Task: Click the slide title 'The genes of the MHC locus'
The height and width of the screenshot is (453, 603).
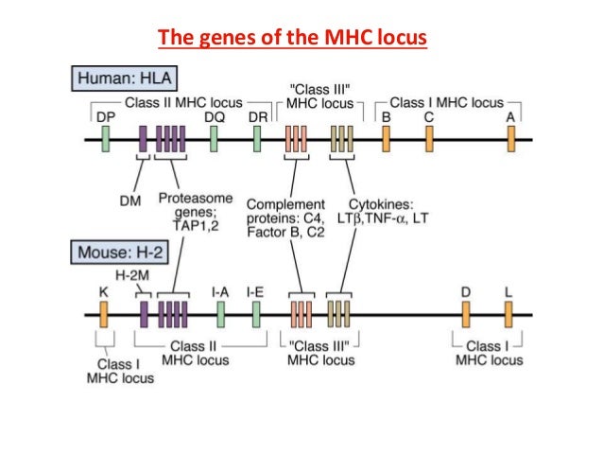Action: [x=292, y=39]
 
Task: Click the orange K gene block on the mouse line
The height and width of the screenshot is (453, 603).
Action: [x=103, y=313]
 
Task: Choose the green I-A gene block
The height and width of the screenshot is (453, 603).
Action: [x=220, y=313]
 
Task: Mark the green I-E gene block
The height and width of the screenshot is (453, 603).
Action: [x=256, y=313]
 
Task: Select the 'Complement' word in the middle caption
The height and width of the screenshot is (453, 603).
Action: [x=285, y=203]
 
